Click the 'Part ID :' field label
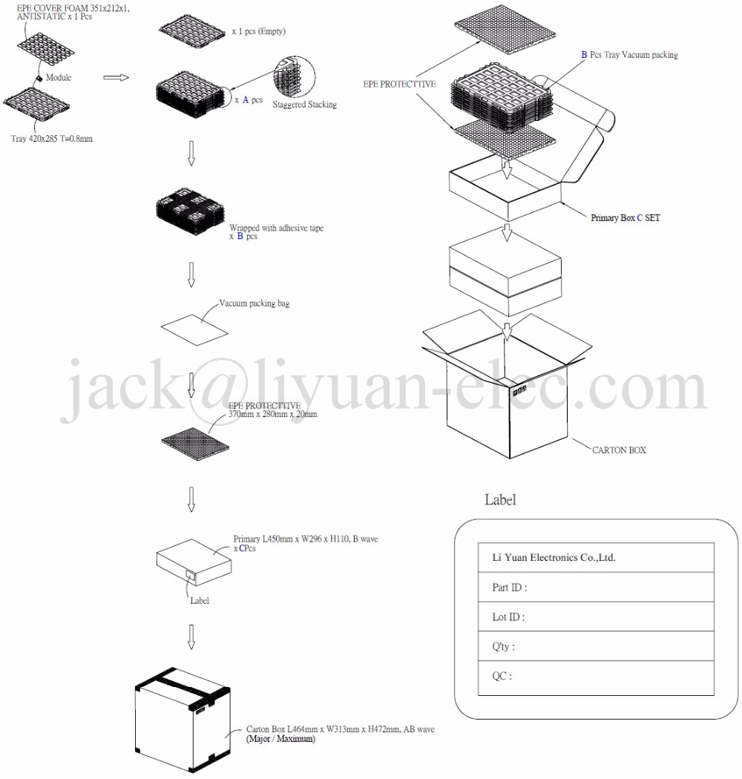click(510, 588)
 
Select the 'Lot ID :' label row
click(508, 617)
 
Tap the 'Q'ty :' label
click(504, 647)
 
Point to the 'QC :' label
click(502, 677)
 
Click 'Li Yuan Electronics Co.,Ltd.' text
click(554, 558)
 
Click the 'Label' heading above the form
click(500, 500)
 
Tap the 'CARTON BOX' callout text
click(619, 450)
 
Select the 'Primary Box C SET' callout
click(625, 218)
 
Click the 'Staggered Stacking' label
click(304, 105)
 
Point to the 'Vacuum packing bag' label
click(255, 304)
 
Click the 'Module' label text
click(59, 77)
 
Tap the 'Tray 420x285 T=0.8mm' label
click(52, 139)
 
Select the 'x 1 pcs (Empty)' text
click(258, 31)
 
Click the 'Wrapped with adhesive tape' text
click(276, 228)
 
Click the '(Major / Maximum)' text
click(280, 740)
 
